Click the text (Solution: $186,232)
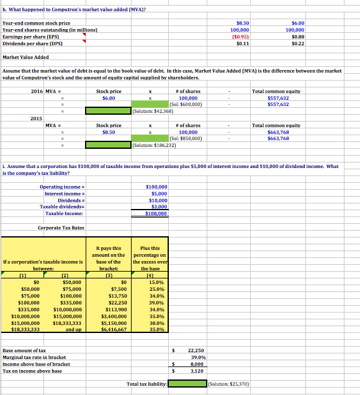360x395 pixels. [x=156, y=146]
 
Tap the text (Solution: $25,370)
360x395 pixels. [x=229, y=384]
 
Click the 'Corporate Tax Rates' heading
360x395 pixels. [x=61, y=228]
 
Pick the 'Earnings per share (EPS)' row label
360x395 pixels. [x=31, y=37]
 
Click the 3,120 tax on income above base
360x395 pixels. [x=196, y=371]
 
